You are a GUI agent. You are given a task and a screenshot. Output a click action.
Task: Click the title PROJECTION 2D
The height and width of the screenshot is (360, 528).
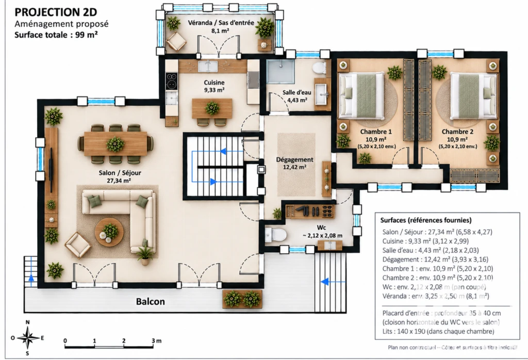(56, 12)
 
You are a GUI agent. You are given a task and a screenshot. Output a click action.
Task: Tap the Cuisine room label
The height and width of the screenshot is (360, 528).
(214, 83)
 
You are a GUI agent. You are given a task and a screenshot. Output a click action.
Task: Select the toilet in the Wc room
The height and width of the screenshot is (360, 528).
(275, 234)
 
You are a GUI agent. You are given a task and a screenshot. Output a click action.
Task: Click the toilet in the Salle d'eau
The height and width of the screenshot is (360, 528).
(319, 69)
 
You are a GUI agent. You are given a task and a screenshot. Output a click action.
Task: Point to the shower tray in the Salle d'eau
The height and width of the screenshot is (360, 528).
(280, 72)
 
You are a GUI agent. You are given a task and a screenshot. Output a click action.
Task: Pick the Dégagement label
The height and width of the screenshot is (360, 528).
(294, 159)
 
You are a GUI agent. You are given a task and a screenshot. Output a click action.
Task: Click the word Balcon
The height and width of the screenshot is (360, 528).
(150, 301)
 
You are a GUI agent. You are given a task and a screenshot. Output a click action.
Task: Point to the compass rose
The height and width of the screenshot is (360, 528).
(28, 337)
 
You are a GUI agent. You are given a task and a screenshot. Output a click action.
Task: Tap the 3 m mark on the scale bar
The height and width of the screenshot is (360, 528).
(156, 340)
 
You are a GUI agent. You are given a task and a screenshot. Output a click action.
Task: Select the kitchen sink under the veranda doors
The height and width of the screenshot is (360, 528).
(208, 66)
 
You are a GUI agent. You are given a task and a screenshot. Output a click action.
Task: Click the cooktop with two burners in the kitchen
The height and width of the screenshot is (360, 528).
(171, 81)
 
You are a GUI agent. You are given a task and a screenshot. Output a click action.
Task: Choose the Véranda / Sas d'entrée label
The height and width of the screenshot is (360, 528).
(221, 23)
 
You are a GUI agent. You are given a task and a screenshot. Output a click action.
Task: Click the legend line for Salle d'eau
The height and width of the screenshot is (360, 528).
(431, 250)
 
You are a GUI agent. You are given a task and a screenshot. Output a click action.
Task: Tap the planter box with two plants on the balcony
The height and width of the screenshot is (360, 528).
(242, 299)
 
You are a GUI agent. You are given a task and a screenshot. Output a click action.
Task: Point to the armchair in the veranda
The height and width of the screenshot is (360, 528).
(176, 41)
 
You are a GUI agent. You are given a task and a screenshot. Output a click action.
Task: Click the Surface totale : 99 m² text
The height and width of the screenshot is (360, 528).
(56, 35)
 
